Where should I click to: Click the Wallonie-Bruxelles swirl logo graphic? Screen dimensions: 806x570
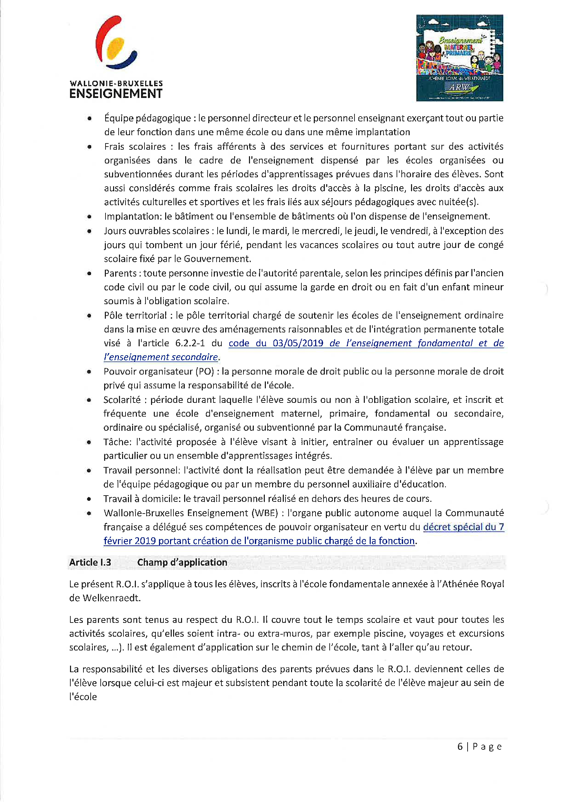pyautogui.click(x=116, y=42)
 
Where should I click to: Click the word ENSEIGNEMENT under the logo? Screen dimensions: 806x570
pyautogui.click(x=116, y=94)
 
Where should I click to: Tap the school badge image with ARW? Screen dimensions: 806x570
pyautogui.click(x=459, y=58)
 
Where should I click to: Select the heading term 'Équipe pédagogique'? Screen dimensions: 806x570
pyautogui.click(x=148, y=118)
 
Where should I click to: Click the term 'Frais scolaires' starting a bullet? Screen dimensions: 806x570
pyautogui.click(x=135, y=146)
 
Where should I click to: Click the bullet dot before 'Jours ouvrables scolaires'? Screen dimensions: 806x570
pyautogui.click(x=90, y=231)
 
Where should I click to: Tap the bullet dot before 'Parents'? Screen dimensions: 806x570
pyautogui.click(x=90, y=273)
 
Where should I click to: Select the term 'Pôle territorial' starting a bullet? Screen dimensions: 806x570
pyautogui.click(x=135, y=315)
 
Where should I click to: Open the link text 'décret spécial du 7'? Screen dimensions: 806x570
pyautogui.click(x=463, y=527)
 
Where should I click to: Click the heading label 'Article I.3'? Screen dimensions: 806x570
pyautogui.click(x=90, y=563)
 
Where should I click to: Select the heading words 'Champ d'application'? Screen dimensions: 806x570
pyautogui.click(x=182, y=563)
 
